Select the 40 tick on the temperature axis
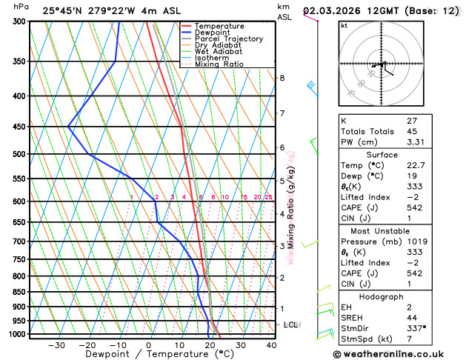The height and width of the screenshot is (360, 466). point(271,345)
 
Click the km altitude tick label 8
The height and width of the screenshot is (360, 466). point(282,78)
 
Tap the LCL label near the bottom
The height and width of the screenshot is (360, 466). point(291,324)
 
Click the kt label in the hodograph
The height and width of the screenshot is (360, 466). point(344,26)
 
